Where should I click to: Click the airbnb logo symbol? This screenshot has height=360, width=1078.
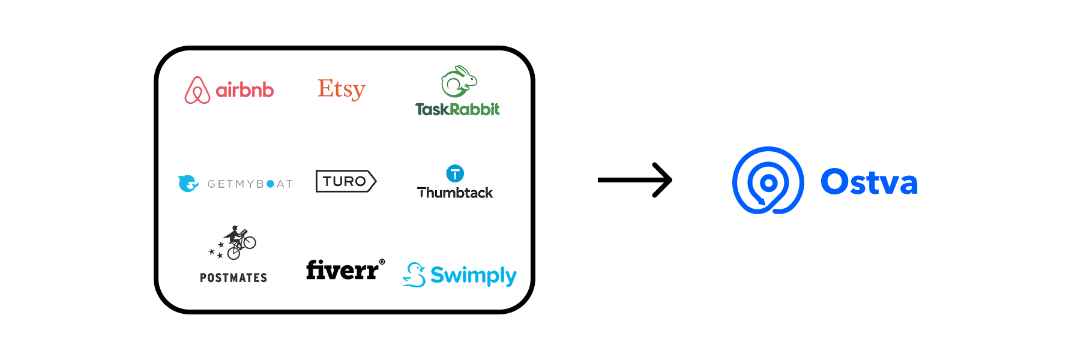[197, 90]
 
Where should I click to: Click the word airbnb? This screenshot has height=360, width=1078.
[245, 90]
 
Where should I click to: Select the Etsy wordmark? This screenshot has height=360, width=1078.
[342, 89]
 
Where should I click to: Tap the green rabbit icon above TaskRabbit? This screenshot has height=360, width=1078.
[459, 82]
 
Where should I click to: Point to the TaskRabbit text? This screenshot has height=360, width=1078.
[457, 109]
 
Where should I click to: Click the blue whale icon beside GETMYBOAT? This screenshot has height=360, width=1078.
[188, 183]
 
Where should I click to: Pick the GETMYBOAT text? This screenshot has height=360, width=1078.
[250, 184]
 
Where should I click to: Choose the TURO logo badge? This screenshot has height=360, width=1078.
[346, 181]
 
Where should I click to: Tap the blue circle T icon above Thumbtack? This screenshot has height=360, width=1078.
[455, 174]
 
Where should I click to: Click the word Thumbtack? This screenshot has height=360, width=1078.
[455, 193]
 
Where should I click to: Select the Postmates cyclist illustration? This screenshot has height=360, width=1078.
[234, 242]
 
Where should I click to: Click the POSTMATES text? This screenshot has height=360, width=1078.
[233, 278]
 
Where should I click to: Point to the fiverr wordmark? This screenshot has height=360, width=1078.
[342, 271]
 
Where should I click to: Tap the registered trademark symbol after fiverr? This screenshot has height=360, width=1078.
[382, 262]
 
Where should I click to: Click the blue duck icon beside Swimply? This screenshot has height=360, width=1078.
[414, 275]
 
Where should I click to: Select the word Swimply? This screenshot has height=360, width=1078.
[474, 275]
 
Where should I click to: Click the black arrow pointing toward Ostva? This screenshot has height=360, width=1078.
[635, 180]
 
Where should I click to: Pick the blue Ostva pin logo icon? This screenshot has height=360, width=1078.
[768, 181]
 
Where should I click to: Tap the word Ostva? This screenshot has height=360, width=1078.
[869, 182]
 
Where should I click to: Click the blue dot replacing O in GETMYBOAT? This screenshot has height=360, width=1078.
[270, 184]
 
